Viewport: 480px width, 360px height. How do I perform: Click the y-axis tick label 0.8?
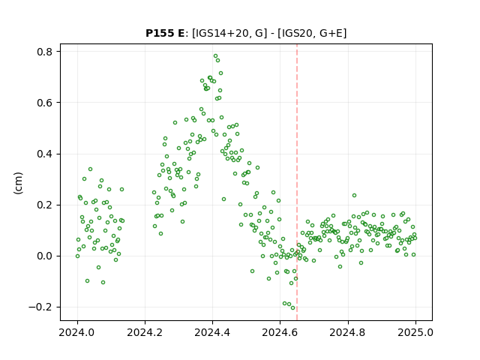pos(45,52)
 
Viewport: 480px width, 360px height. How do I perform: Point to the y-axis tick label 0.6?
pos(45,103)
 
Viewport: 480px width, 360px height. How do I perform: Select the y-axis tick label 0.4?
pos(45,154)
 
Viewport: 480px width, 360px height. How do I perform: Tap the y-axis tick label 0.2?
pos(45,205)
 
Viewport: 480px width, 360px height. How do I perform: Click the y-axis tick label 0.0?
pos(45,256)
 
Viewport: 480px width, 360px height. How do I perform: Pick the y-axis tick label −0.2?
pos(40,307)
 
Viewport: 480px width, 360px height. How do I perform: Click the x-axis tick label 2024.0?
pos(77,332)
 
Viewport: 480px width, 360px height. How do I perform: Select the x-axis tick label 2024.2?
pos(145,332)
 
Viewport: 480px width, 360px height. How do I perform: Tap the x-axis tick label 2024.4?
pos(212,332)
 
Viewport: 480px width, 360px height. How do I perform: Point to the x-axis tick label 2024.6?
pos(280,332)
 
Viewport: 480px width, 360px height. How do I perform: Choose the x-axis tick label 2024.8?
pos(348,332)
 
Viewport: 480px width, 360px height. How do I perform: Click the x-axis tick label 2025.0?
pos(415,332)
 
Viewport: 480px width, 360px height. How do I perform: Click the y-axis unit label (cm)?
pos(18,183)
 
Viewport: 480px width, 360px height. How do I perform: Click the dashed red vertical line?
pos(297,182)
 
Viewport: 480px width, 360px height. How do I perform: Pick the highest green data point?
pos(215,56)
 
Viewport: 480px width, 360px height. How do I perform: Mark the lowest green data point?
pos(293,308)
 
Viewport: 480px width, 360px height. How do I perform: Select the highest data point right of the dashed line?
pos(354,195)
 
